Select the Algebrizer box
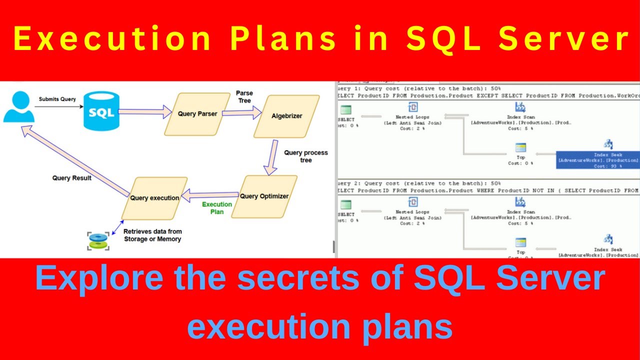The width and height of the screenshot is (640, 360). coord(286,116)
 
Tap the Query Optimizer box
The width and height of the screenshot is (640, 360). coord(264,196)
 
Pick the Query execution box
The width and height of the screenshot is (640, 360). coord(154,198)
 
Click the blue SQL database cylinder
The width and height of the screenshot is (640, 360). coord(101,111)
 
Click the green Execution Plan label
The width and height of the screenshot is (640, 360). coord(217,208)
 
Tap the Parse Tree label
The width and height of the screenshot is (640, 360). coord(244,97)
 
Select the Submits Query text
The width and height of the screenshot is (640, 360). coord(57,99)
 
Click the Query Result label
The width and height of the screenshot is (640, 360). coord(72,178)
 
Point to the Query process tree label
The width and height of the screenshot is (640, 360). coord(305,156)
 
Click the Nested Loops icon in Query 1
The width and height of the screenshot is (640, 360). coord(413,106)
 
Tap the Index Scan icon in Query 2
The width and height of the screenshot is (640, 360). coord(520,201)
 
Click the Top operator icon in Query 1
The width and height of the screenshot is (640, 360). coord(520,147)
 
